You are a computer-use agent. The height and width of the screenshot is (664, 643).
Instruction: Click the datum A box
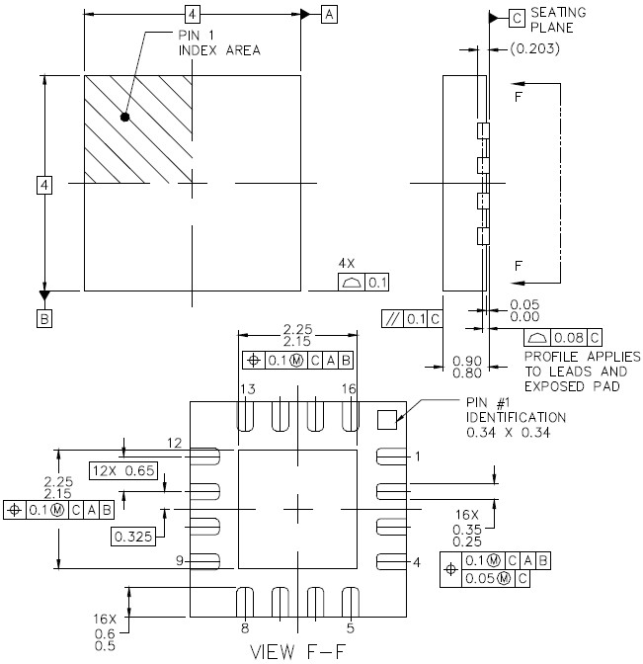click(x=329, y=14)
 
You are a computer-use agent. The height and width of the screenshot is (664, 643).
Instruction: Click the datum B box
click(x=44, y=318)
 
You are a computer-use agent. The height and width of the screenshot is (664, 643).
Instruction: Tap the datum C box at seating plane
click(x=517, y=17)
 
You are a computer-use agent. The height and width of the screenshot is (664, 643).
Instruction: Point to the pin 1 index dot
click(x=124, y=118)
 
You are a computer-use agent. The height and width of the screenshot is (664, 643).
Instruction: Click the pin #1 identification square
click(x=388, y=419)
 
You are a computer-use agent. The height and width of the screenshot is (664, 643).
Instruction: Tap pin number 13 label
click(x=248, y=390)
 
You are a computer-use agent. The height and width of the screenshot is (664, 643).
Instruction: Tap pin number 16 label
click(x=348, y=390)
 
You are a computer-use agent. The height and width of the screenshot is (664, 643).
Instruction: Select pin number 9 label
click(x=181, y=561)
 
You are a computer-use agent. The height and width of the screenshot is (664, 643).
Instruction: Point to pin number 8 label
click(x=245, y=626)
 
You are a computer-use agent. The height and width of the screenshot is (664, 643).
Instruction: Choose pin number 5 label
click(x=350, y=626)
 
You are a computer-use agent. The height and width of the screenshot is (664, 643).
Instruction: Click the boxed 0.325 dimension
click(x=131, y=536)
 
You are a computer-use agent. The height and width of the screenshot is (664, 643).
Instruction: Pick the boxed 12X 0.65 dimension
click(x=123, y=470)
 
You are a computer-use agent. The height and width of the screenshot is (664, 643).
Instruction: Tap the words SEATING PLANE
click(x=558, y=20)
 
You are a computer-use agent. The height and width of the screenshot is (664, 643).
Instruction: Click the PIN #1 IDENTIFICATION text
click(x=514, y=417)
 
